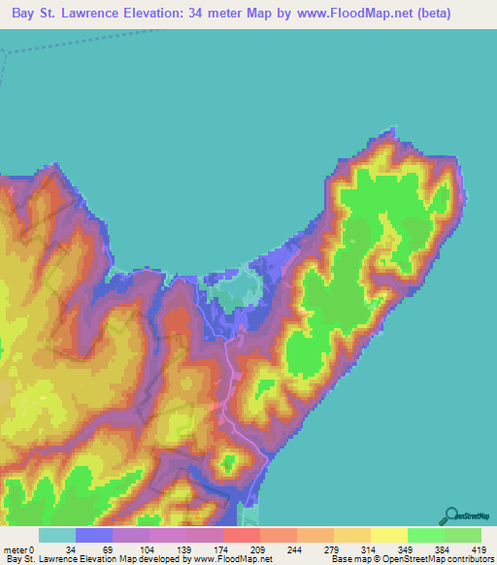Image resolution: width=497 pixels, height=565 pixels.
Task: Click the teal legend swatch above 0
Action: click(x=57, y=535)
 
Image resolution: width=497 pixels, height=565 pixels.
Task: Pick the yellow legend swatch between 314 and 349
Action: click(x=389, y=535)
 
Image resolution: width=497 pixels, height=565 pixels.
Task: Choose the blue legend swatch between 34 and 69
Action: click(x=94, y=535)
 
